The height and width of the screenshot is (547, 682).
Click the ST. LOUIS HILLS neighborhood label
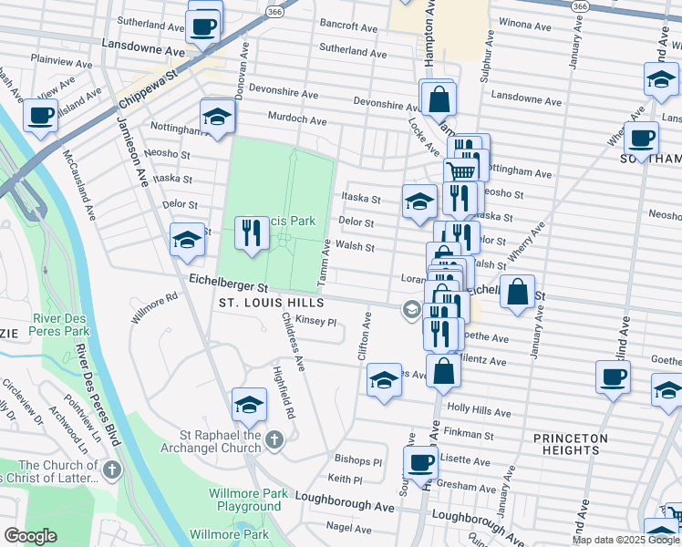[271, 302]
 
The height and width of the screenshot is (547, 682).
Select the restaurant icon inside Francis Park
[252, 233]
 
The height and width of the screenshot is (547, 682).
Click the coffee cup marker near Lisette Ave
[421, 463]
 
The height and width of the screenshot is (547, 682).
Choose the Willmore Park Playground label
[245, 500]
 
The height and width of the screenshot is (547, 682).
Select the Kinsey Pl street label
[316, 322]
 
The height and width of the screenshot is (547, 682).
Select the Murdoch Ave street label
[296, 119]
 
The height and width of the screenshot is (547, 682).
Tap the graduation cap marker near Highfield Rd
[249, 405]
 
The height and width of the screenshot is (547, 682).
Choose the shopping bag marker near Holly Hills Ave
[443, 372]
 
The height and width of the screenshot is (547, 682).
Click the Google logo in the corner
[30, 536]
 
